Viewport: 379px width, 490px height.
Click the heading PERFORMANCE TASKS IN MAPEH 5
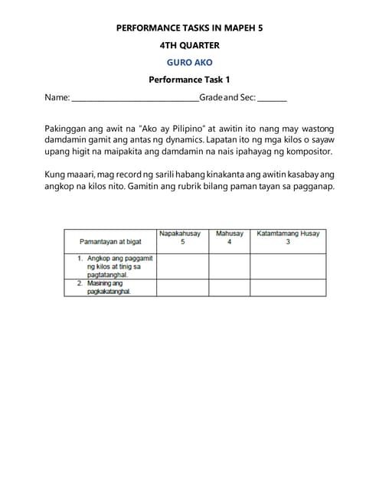pos(189,28)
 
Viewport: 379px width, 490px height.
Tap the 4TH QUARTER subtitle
pos(189,45)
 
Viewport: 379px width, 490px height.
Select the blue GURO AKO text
pos(189,62)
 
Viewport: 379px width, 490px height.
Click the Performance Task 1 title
pos(189,80)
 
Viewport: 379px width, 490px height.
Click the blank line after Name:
pos(134,99)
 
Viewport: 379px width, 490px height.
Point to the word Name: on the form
pos(57,98)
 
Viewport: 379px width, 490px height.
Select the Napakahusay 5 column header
pos(182,237)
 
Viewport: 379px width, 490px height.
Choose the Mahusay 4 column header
pos(229,237)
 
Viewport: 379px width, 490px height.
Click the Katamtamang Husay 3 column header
pos(288,237)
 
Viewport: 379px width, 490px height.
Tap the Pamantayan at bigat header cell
pos(110,242)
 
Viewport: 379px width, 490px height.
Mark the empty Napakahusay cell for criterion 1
pos(182,266)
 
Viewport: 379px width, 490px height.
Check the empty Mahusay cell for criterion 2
pos(229,288)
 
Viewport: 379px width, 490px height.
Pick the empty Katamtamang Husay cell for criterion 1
pos(288,266)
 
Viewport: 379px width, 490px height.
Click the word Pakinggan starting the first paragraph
pos(67,129)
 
